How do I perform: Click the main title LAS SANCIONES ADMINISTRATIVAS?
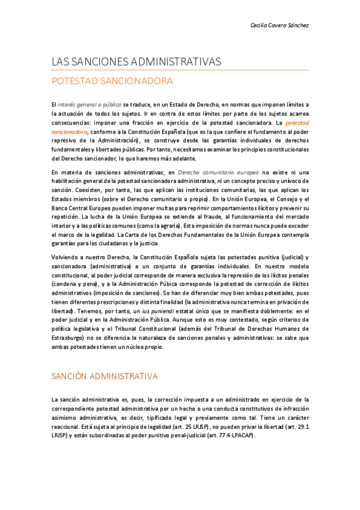coord(136,61)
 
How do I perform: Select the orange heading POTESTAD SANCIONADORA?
coord(112,81)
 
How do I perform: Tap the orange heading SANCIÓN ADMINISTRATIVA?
coord(105,376)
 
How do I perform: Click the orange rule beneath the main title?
coord(180,70)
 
